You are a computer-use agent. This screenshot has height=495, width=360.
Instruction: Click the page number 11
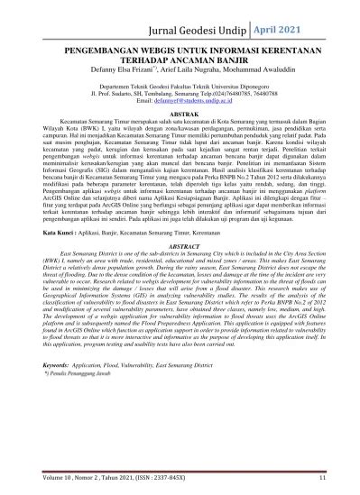point(320,479)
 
